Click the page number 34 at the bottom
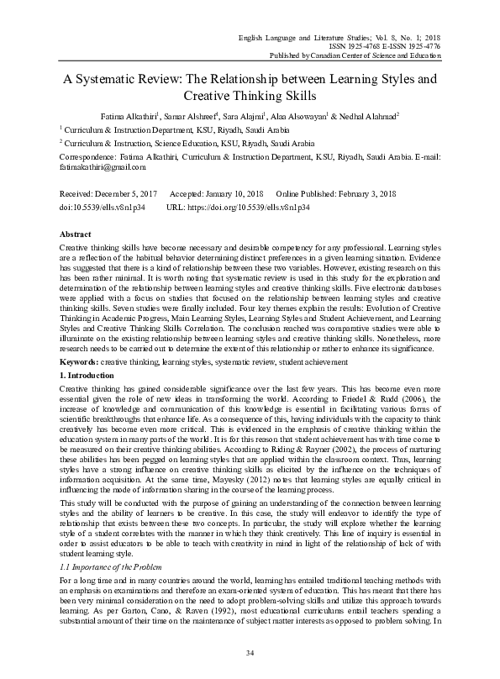[x=250, y=653]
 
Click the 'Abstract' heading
[x=77, y=234]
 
